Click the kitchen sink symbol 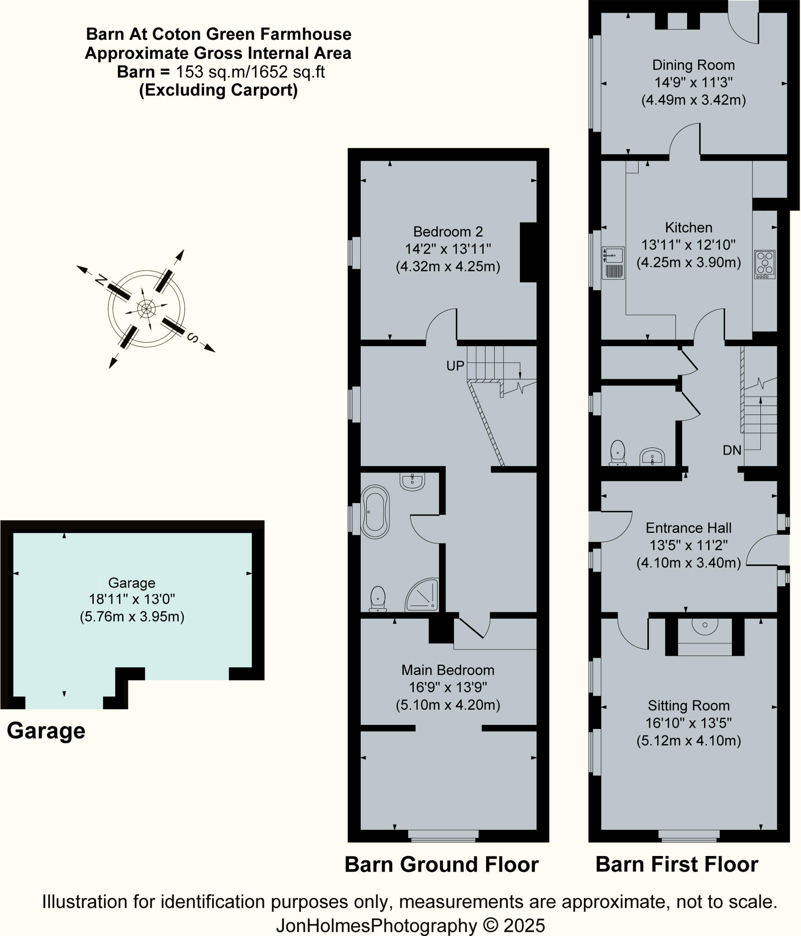[613, 263]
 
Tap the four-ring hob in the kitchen [764, 264]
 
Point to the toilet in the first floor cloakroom [618, 452]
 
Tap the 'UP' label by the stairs [455, 366]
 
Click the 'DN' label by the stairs [732, 450]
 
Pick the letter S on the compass [192, 338]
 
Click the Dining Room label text [693, 65]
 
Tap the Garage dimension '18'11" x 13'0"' [132, 599]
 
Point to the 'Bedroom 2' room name [448, 232]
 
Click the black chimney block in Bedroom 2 [528, 252]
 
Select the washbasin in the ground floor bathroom [412, 481]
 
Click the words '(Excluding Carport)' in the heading [218, 90]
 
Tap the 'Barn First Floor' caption [677, 864]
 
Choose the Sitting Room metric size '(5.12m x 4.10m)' [689, 740]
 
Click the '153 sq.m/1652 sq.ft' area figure [251, 72]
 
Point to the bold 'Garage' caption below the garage [46, 730]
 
